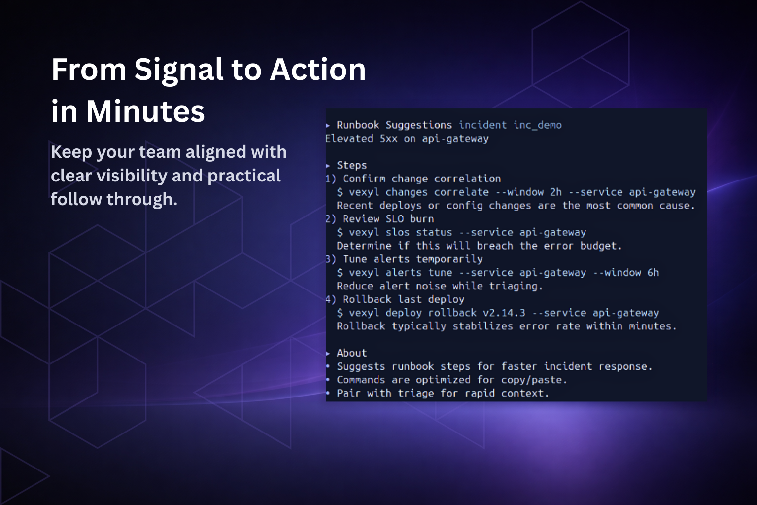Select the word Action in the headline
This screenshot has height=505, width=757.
(318, 70)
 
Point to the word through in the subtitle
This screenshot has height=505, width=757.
(142, 199)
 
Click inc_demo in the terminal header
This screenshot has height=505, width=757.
(538, 125)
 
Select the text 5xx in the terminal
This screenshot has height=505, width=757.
(389, 139)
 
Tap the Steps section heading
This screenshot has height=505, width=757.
(352, 165)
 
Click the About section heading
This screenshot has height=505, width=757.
(352, 353)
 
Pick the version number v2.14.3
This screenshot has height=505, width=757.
(504, 313)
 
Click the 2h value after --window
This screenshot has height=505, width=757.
(556, 192)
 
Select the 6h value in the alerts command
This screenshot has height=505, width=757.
(653, 273)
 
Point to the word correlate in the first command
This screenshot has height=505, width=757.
(462, 192)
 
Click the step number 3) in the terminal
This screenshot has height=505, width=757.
(331, 259)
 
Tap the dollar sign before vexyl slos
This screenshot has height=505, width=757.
(340, 232)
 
